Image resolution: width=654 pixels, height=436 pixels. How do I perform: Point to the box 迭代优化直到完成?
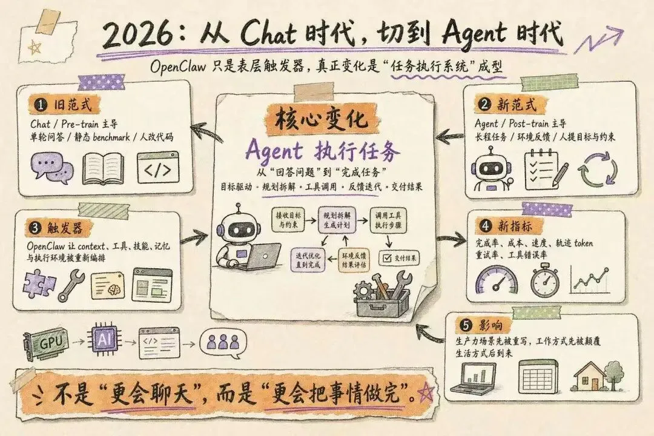pos(308,259)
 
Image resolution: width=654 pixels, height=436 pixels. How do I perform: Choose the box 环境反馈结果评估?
pos(355,259)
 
